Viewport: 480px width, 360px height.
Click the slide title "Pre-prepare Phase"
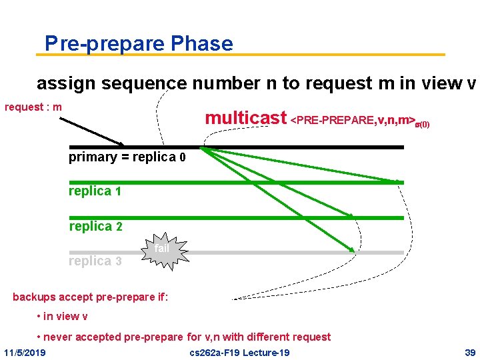(x=139, y=44)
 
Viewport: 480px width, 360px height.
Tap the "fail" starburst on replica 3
(x=162, y=251)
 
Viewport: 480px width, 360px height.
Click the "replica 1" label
(x=95, y=191)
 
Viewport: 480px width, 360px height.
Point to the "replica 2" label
(x=95, y=227)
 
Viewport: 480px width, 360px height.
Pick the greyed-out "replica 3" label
(x=95, y=261)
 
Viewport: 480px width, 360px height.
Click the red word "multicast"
(x=245, y=119)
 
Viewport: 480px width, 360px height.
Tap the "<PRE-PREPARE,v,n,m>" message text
(x=353, y=121)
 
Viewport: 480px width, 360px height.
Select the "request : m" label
(x=33, y=107)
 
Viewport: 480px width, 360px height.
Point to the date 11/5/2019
(x=25, y=352)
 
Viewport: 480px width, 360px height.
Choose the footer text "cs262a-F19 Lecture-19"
(x=239, y=352)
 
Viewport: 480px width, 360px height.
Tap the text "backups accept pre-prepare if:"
(x=91, y=297)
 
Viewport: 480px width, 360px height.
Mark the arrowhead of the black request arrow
(x=121, y=143)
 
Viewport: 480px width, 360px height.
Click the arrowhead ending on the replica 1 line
(x=399, y=181)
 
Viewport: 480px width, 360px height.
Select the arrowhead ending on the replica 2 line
(x=351, y=215)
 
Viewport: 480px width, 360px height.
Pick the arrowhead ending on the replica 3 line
(x=351, y=250)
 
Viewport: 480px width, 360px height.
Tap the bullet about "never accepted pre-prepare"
(x=184, y=337)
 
